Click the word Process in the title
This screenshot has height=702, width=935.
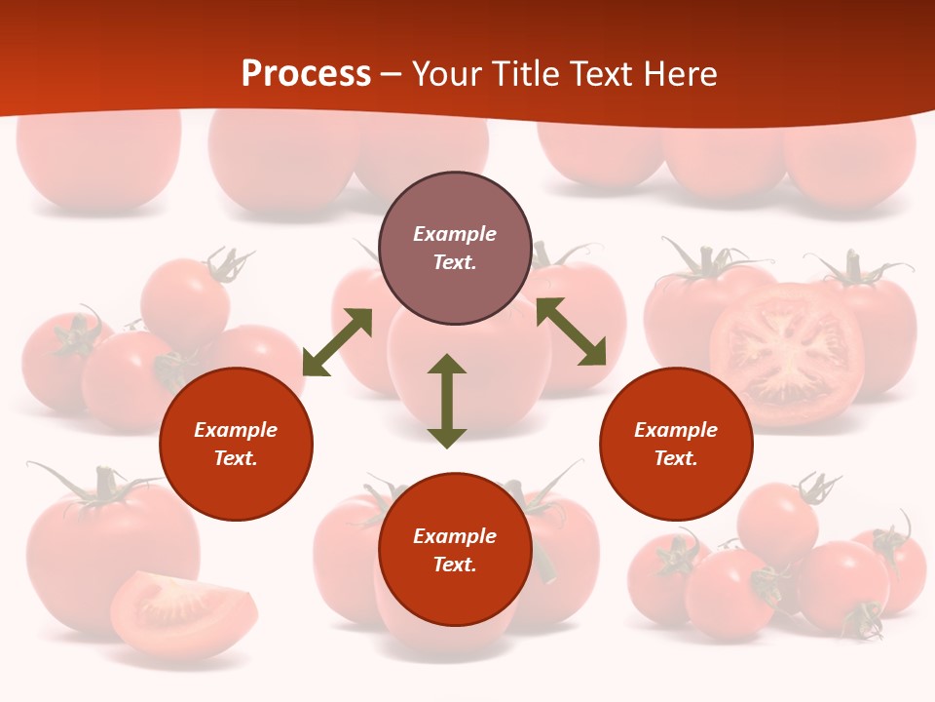(x=306, y=74)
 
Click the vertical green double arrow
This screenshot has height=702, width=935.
(x=447, y=401)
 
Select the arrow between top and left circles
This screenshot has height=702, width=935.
(x=337, y=342)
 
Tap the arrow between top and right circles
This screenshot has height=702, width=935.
(x=571, y=331)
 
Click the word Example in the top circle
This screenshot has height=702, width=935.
(x=455, y=234)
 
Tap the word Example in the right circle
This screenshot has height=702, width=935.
(x=676, y=430)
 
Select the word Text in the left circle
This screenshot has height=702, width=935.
(x=235, y=458)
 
